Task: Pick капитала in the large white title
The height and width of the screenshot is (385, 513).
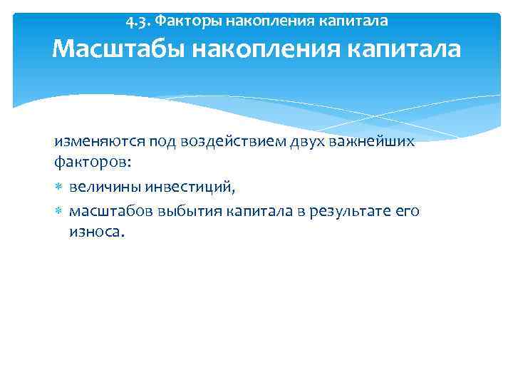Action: tap(407, 49)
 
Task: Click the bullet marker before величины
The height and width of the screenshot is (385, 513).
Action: tap(59, 188)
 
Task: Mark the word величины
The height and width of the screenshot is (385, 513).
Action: tap(105, 187)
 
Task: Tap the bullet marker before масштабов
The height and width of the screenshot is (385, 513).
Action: tap(59, 212)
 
